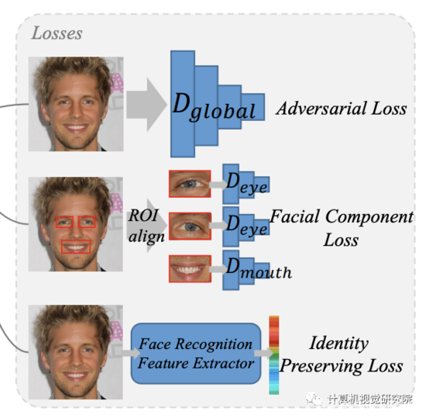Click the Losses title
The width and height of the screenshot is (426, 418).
(57, 33)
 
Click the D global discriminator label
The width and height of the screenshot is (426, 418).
(214, 107)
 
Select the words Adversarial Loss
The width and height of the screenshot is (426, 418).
(342, 109)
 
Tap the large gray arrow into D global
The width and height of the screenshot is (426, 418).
(146, 105)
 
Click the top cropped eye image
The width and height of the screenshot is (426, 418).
(190, 184)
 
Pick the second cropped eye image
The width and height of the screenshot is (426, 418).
(190, 226)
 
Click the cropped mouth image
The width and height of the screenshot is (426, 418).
(190, 268)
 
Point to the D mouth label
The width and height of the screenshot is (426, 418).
(259, 268)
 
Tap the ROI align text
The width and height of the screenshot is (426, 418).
(146, 226)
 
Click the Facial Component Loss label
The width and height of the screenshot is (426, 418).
(342, 228)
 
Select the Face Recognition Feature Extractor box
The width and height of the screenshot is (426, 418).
(196, 354)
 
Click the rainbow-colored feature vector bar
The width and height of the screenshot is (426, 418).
(274, 355)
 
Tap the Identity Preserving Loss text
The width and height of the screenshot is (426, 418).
(342, 354)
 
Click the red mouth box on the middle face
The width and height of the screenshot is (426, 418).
(76, 247)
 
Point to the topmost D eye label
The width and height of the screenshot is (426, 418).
(246, 183)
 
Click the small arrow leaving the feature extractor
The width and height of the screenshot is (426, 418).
(264, 353)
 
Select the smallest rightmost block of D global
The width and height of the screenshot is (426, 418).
(253, 107)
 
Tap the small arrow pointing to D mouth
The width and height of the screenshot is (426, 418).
(218, 269)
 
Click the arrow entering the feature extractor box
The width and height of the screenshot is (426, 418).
(131, 353)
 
